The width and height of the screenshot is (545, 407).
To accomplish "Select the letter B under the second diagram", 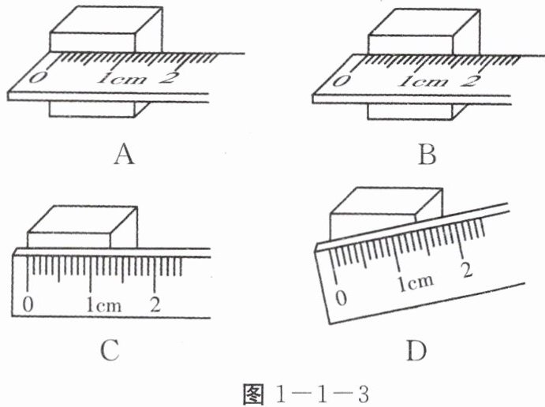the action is tap(427, 155).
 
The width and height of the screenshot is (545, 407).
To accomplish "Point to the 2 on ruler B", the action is tap(471, 79).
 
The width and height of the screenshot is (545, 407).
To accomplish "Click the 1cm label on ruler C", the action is tap(104, 304).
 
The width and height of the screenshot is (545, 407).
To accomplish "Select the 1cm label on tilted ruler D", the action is tap(413, 282).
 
